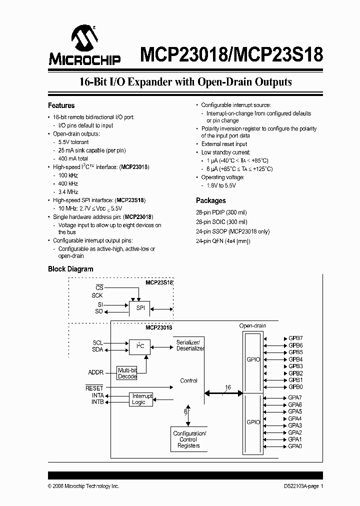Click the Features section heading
click(x=61, y=105)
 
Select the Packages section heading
click(x=210, y=200)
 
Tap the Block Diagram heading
click(x=70, y=269)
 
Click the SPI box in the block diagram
click(x=140, y=308)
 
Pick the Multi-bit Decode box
click(x=127, y=373)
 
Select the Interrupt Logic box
click(x=141, y=399)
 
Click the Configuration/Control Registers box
click(x=188, y=439)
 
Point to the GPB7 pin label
click(x=295, y=338)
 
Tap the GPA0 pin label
click(x=295, y=446)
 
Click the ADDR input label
click(x=95, y=372)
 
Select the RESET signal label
click(x=94, y=388)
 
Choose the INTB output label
click(x=97, y=402)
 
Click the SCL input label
click(x=97, y=343)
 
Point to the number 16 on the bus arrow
click(x=228, y=387)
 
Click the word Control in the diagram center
click(x=188, y=380)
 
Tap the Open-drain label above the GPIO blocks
click(x=252, y=326)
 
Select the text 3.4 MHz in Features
click(x=68, y=192)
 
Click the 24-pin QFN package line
click(x=222, y=241)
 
